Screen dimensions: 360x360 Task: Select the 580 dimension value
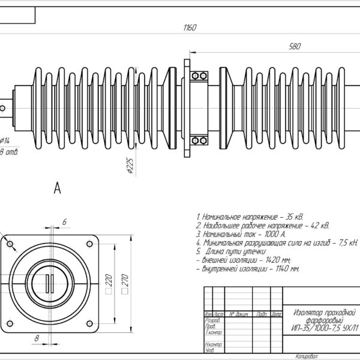point(295,47)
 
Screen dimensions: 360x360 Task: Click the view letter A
point(58,188)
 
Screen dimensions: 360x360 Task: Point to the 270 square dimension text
point(125,279)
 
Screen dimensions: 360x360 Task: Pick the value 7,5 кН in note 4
point(347,243)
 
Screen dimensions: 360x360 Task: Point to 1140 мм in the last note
point(286,270)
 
